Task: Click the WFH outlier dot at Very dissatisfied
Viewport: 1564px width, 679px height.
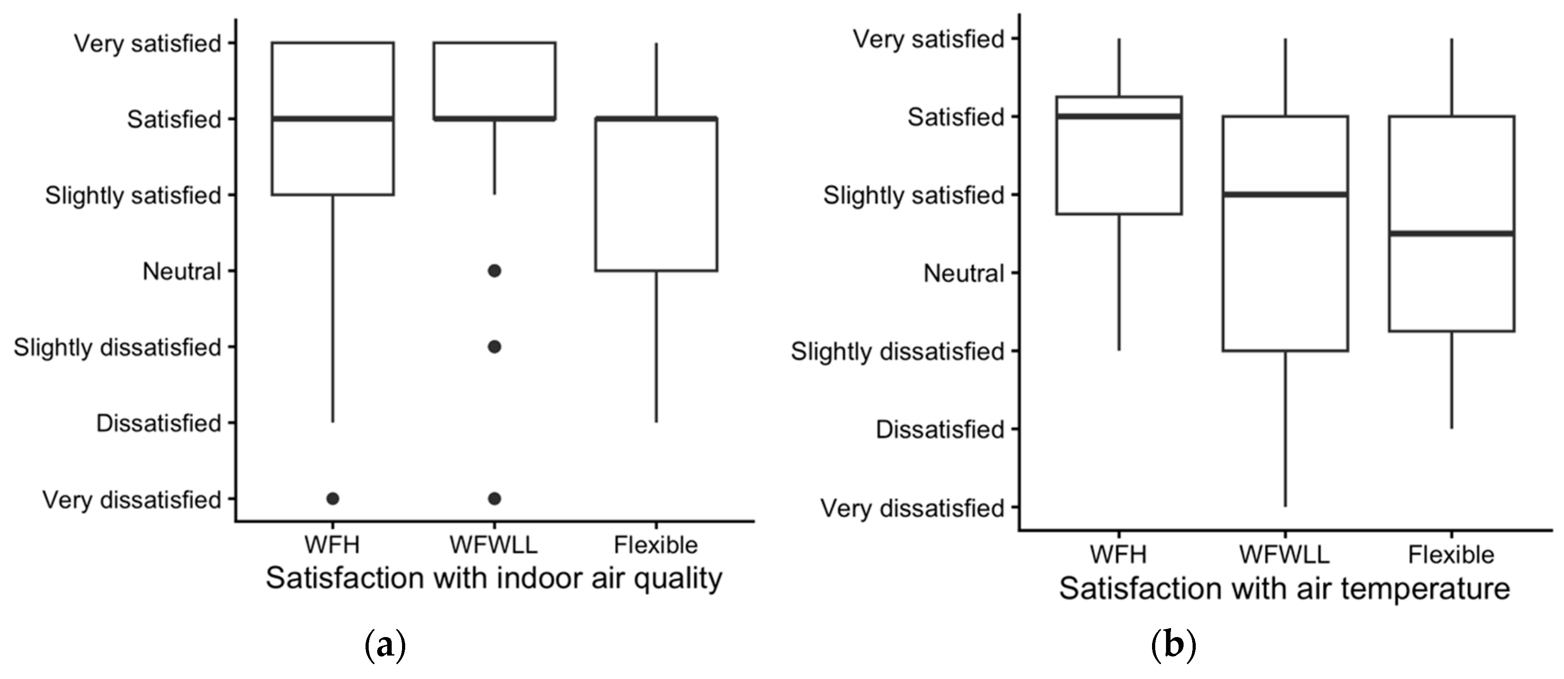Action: (333, 499)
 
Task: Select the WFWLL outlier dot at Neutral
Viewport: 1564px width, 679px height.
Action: (495, 271)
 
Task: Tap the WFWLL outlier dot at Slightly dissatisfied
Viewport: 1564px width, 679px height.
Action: (495, 347)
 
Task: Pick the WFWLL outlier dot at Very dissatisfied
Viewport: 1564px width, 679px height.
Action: (495, 499)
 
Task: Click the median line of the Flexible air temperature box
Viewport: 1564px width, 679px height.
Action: (1452, 233)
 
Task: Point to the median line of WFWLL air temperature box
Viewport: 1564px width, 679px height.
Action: (1285, 194)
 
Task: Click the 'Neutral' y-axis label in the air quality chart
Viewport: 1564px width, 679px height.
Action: (182, 271)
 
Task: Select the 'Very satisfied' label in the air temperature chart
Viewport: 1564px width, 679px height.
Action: (929, 40)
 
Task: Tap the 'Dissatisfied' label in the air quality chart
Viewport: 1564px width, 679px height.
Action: (159, 423)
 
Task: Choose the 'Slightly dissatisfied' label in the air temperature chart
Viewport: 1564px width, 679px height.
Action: (897, 352)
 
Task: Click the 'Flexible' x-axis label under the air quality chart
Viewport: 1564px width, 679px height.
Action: (656, 545)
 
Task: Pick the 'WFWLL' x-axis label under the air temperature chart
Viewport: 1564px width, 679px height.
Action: (1285, 555)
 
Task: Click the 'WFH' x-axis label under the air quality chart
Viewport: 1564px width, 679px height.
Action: (332, 545)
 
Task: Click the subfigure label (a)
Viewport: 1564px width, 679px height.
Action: (384, 647)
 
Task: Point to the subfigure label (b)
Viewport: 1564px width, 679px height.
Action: (1174, 647)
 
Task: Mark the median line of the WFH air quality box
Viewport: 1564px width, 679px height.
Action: (333, 119)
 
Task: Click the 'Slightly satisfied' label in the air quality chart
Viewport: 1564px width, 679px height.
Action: (133, 196)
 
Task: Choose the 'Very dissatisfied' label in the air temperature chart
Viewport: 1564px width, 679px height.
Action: (913, 508)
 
